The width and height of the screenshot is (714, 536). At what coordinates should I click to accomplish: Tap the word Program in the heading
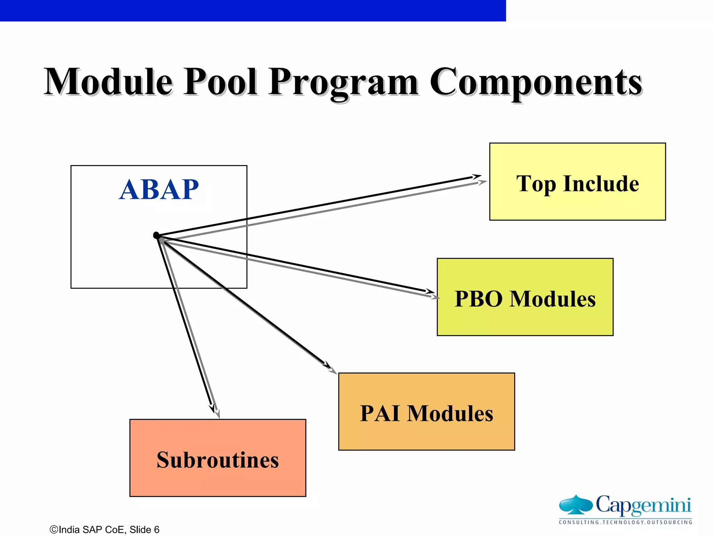(343, 83)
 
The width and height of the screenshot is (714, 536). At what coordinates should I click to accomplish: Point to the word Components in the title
(536, 83)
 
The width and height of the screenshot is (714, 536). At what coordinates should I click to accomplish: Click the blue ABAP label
(159, 189)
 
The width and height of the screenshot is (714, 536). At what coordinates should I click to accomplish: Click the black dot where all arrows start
(157, 236)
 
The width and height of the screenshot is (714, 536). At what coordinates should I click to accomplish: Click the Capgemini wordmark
(643, 505)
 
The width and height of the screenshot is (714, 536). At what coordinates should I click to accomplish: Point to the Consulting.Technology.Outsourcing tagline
(625, 522)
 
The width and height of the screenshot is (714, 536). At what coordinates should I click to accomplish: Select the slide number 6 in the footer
(157, 530)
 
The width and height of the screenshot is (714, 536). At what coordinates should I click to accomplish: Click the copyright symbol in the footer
(54, 530)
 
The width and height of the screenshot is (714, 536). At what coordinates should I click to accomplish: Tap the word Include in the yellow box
(601, 184)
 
